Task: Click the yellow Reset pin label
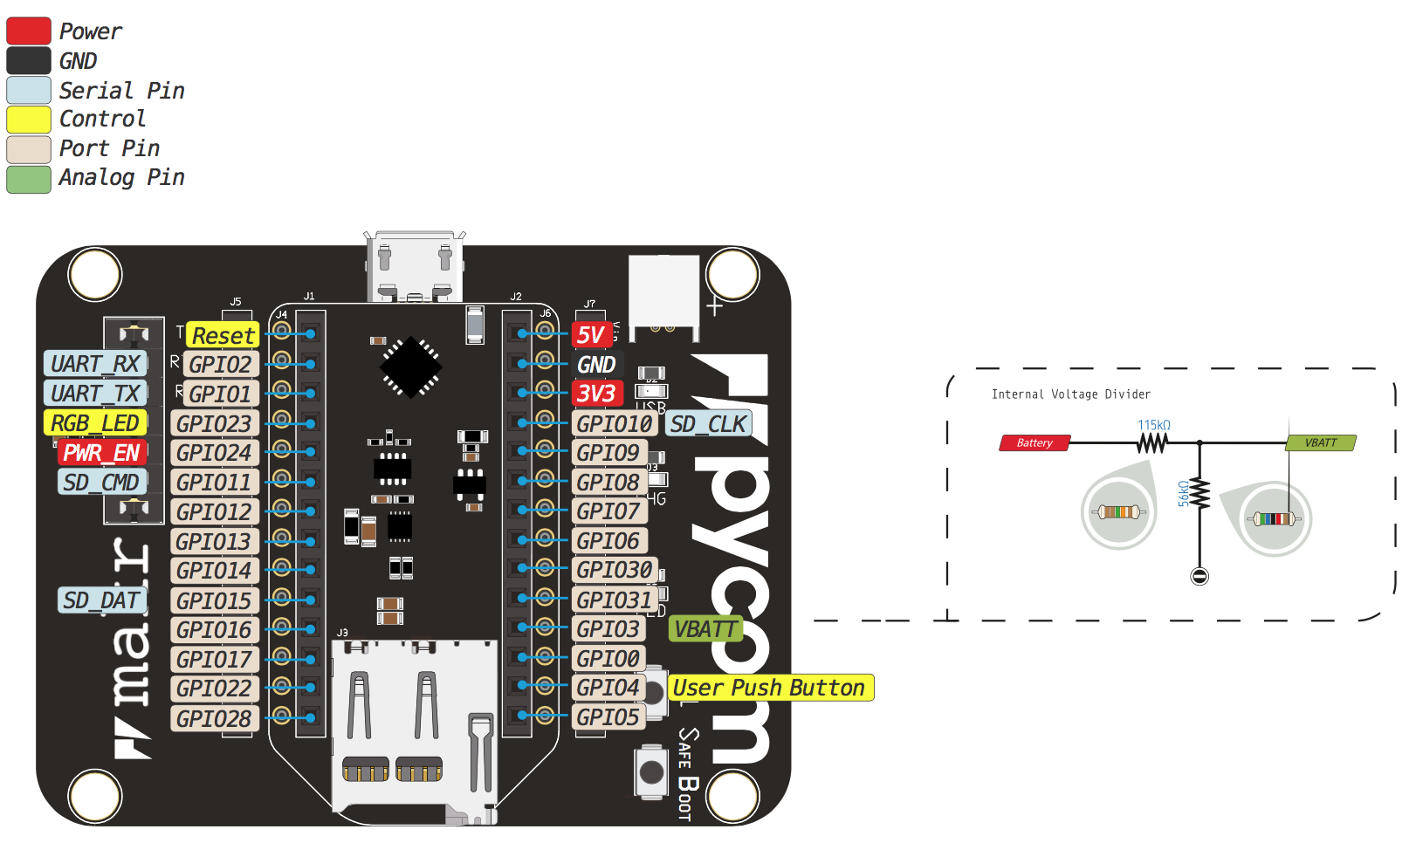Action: pyautogui.click(x=223, y=335)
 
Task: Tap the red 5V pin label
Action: pyautogui.click(x=591, y=335)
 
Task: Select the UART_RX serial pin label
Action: pyautogui.click(x=94, y=364)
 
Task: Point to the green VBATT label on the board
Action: pyautogui.click(x=705, y=629)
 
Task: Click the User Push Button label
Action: pyautogui.click(x=770, y=688)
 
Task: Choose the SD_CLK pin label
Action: pyautogui.click(x=708, y=424)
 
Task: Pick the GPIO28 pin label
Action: pyautogui.click(x=214, y=719)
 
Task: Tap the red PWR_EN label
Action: pyautogui.click(x=101, y=453)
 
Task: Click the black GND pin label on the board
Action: pyautogui.click(x=597, y=365)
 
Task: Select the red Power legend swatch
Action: pyautogui.click(x=29, y=31)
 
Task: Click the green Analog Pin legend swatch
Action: pyautogui.click(x=29, y=178)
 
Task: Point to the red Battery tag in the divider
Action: pyautogui.click(x=1035, y=443)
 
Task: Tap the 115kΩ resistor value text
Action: pyautogui.click(x=1153, y=425)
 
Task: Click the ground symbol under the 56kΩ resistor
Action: pyautogui.click(x=1199, y=576)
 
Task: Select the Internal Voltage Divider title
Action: pyautogui.click(x=1071, y=394)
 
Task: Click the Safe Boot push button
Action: pyautogui.click(x=651, y=771)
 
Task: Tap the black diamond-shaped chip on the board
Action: pyautogui.click(x=410, y=367)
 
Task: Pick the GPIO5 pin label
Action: pyautogui.click(x=608, y=717)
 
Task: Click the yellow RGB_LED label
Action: pyautogui.click(x=94, y=423)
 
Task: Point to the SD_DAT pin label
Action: pyautogui.click(x=101, y=600)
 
